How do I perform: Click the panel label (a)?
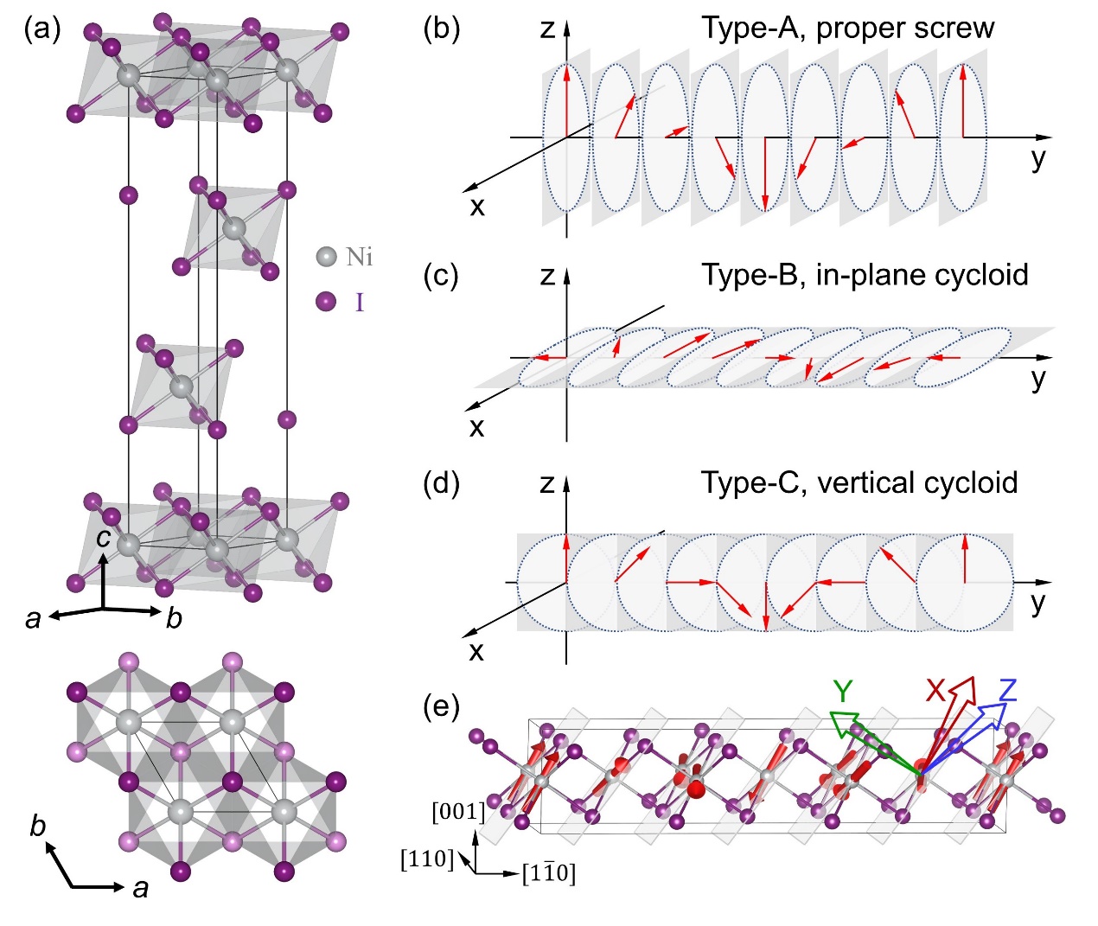click(42, 29)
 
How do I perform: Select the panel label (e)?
click(441, 706)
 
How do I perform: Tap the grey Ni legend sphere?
click(326, 257)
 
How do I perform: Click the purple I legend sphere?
click(326, 302)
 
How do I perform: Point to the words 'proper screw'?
click(905, 29)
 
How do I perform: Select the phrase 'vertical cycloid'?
click(917, 482)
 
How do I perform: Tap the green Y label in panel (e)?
click(843, 691)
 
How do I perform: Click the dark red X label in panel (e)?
click(935, 691)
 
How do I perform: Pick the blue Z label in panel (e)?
click(1006, 691)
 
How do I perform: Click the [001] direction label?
click(458, 812)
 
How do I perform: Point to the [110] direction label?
click(427, 859)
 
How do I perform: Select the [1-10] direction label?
click(549, 874)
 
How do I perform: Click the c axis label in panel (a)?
click(104, 538)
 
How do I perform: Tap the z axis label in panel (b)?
click(546, 29)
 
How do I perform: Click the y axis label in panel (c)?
click(1038, 379)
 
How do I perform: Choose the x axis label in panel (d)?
click(476, 650)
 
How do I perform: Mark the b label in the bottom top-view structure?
click(38, 826)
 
